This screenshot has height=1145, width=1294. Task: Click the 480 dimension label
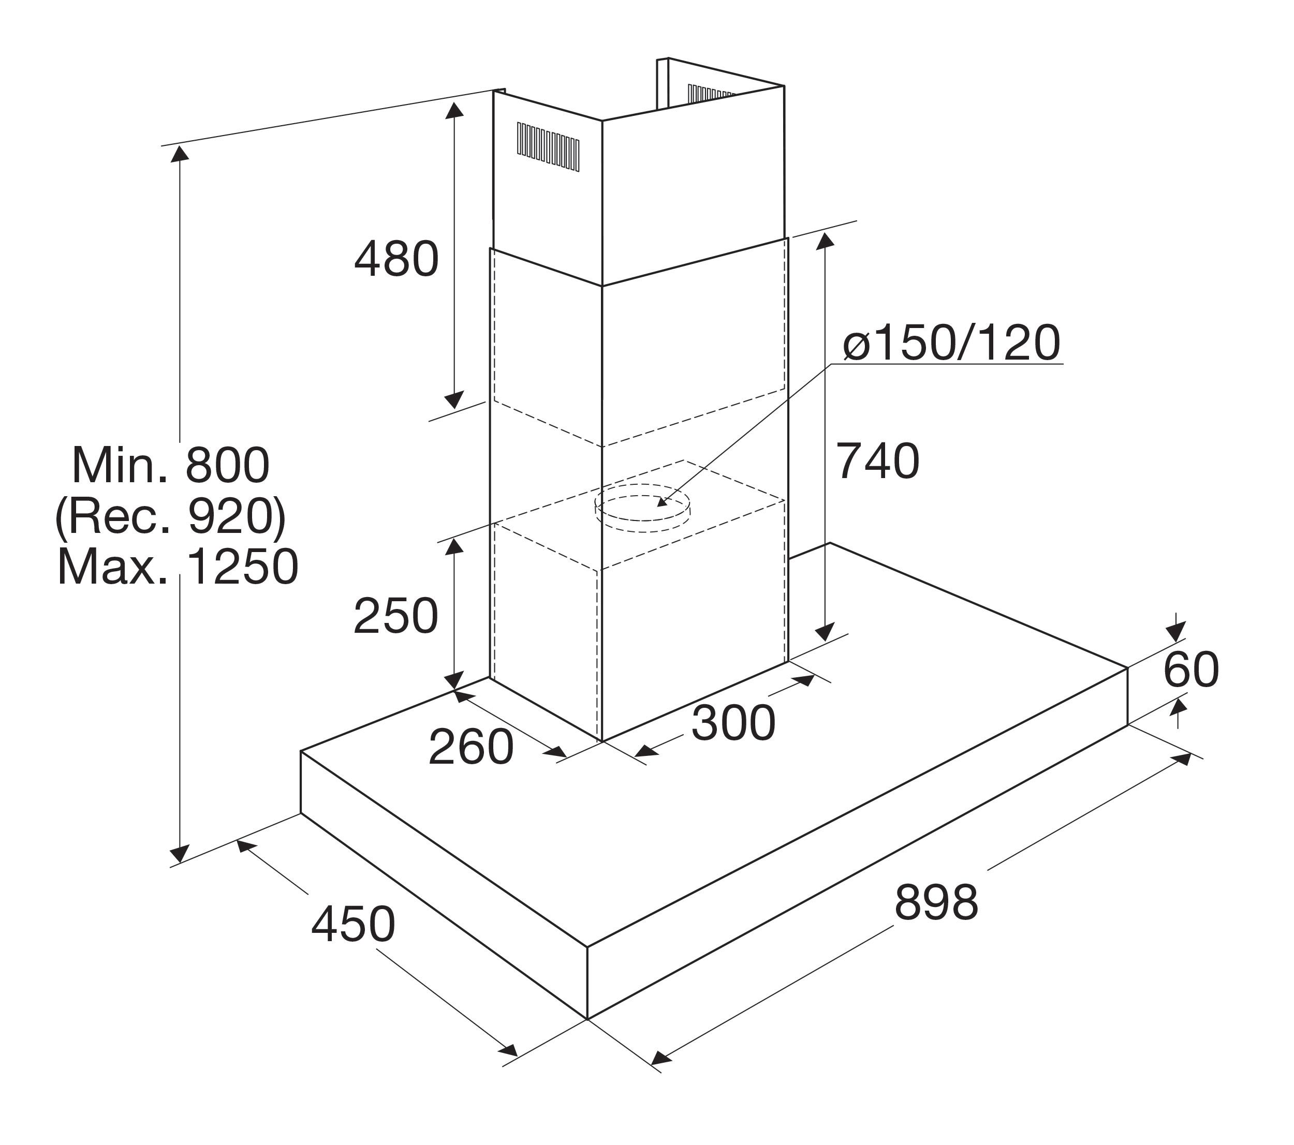tap(396, 259)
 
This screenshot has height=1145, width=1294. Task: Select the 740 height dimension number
tap(877, 461)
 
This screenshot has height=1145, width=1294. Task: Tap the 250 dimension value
tap(395, 616)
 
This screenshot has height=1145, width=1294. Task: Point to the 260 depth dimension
tap(471, 747)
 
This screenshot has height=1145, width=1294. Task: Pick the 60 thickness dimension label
tap(1191, 670)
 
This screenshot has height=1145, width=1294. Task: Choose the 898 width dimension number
tap(936, 902)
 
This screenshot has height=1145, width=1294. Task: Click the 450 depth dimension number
tap(353, 925)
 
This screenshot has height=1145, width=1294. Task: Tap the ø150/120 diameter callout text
tap(951, 343)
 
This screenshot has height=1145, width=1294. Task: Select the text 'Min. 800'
tap(171, 465)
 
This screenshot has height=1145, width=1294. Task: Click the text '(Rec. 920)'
tap(171, 516)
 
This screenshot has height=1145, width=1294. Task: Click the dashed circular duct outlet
tap(642, 503)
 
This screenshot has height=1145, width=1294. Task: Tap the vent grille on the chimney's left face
tap(548, 145)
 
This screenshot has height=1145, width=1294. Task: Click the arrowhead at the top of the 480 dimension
tap(454, 110)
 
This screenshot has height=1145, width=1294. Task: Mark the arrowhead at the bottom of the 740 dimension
tap(824, 632)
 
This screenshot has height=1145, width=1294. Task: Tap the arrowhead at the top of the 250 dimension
tap(453, 547)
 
